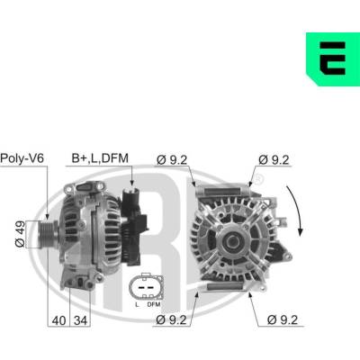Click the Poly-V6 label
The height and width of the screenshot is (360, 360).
pos(22,158)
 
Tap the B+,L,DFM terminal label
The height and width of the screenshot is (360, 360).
pos(100,158)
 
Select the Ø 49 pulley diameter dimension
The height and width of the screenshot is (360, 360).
pos(20,235)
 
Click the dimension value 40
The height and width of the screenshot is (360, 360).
pos(58,320)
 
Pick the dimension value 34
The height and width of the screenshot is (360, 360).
pos(80,320)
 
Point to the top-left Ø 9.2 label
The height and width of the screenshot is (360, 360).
pos(172,160)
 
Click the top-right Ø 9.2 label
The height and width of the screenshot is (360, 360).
pos(274,160)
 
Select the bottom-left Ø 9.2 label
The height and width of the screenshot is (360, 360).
pos(171,320)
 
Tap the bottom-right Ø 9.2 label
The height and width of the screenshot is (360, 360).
pos(283,320)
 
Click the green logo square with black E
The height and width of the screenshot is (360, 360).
pos(333,58)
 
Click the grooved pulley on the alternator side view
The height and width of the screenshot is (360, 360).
pos(48,234)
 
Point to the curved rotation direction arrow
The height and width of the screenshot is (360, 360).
pos(295,210)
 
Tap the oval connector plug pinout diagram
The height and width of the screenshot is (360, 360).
pos(147,287)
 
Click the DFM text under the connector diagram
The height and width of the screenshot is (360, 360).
pos(154,304)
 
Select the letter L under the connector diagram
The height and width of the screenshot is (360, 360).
pos(137,304)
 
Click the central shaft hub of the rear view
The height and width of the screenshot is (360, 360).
pos(232,240)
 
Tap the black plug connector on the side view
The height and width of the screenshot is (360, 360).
pos(133,225)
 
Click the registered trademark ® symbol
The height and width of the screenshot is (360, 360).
pos(259,179)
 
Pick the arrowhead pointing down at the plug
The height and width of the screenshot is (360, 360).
pos(131,182)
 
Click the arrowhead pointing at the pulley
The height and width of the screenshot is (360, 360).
pos(47,216)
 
